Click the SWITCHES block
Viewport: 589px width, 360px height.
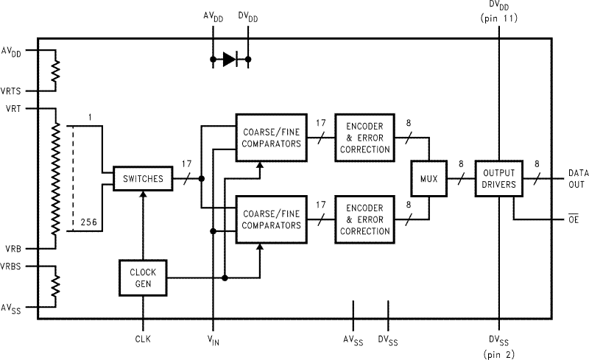142,179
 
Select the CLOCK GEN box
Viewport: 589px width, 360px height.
142,278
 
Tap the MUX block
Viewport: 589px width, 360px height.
428,178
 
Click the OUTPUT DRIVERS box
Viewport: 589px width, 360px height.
499,178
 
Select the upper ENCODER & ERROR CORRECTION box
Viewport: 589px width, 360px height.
362,137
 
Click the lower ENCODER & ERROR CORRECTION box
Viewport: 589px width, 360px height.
362,219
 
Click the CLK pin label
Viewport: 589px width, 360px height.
142,339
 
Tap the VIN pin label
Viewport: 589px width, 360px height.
213,339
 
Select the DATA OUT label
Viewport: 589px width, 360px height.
578,179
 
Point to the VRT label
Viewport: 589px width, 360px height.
12,108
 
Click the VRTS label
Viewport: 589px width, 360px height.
13,91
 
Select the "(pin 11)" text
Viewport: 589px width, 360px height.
499,18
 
